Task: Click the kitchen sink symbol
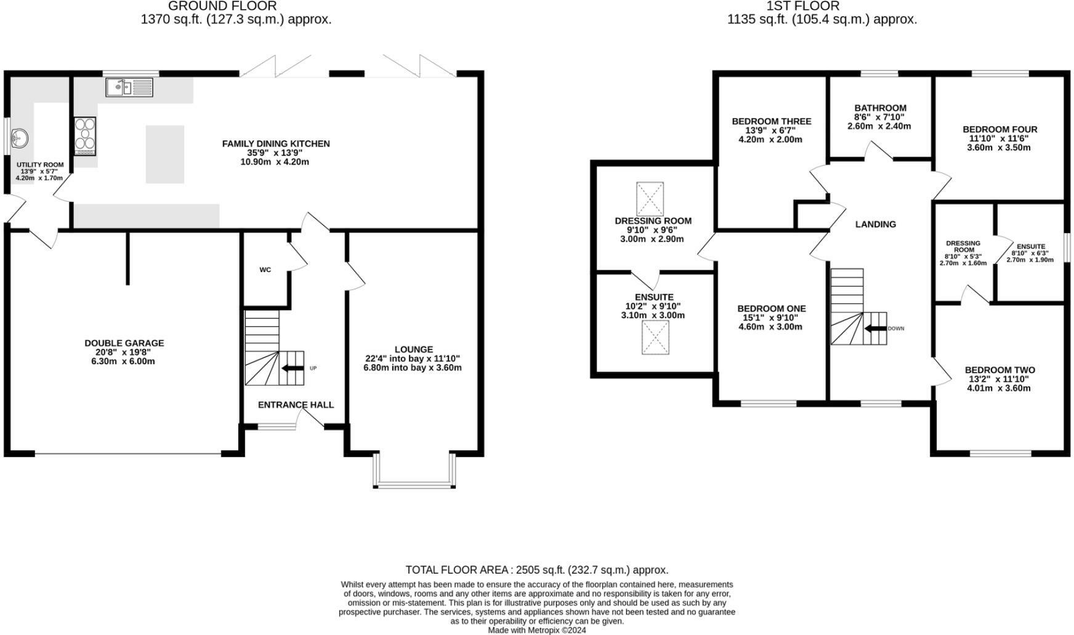tap(129, 87)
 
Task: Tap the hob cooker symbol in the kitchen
tap(85, 135)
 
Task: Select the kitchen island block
tap(164, 154)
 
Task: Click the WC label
tap(265, 270)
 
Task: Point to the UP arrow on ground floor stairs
tap(293, 368)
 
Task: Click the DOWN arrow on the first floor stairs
tap(875, 328)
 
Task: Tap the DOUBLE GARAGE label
tap(124, 343)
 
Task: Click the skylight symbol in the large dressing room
tap(650, 199)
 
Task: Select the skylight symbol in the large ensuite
tap(655, 337)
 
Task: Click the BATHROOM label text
tap(880, 108)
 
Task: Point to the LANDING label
tap(875, 224)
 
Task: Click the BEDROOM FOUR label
tap(999, 129)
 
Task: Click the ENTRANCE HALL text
tap(296, 404)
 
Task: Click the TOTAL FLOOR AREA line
tap(536, 570)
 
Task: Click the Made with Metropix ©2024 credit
tap(536, 630)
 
